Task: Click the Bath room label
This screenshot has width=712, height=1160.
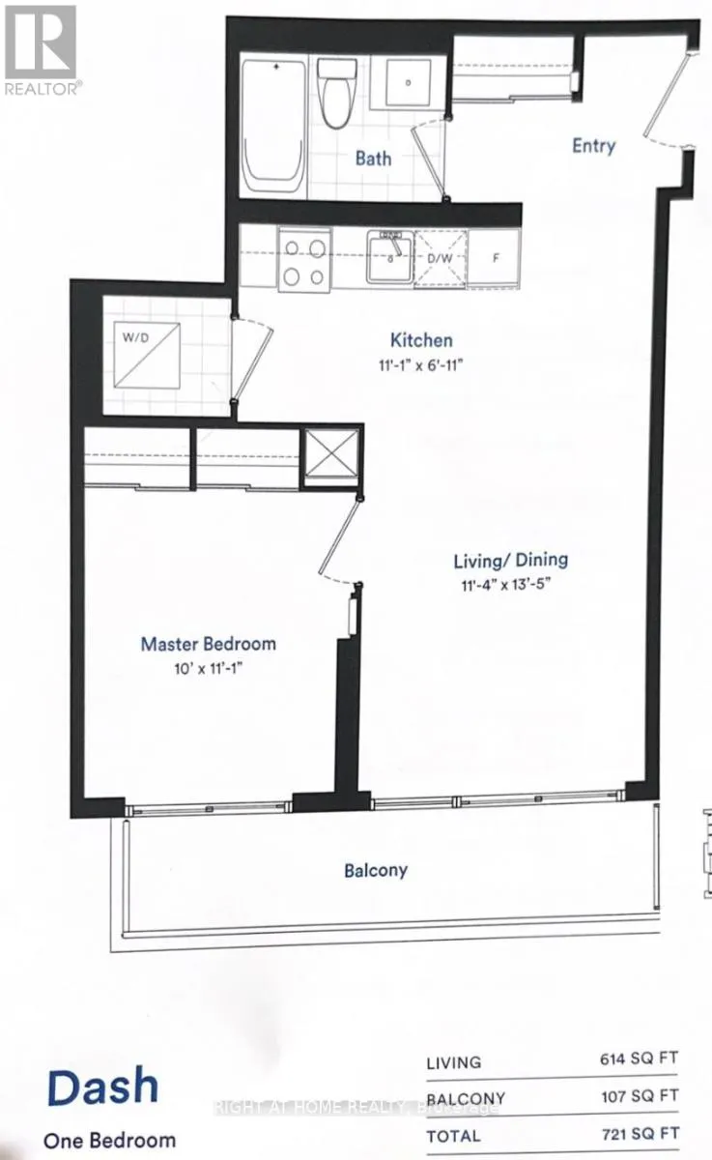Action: (x=373, y=158)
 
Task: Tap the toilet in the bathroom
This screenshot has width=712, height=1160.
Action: (x=336, y=94)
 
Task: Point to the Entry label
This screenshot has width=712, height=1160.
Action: (x=593, y=146)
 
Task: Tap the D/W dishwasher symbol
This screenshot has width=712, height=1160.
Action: (x=441, y=259)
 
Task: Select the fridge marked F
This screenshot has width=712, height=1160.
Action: (x=495, y=259)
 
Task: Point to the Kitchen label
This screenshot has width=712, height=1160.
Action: (x=421, y=340)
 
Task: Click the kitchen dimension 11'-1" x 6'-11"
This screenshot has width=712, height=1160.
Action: (x=421, y=366)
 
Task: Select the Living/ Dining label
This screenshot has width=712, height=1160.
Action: (x=511, y=560)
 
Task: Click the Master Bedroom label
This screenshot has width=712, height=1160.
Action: (x=208, y=644)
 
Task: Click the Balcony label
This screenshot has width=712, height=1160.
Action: (x=376, y=870)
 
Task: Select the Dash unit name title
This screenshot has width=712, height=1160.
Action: (x=101, y=1087)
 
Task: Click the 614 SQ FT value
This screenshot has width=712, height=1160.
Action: (x=640, y=1059)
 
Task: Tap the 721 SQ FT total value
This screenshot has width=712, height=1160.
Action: (x=640, y=1133)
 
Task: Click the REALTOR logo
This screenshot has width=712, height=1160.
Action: (x=41, y=48)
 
